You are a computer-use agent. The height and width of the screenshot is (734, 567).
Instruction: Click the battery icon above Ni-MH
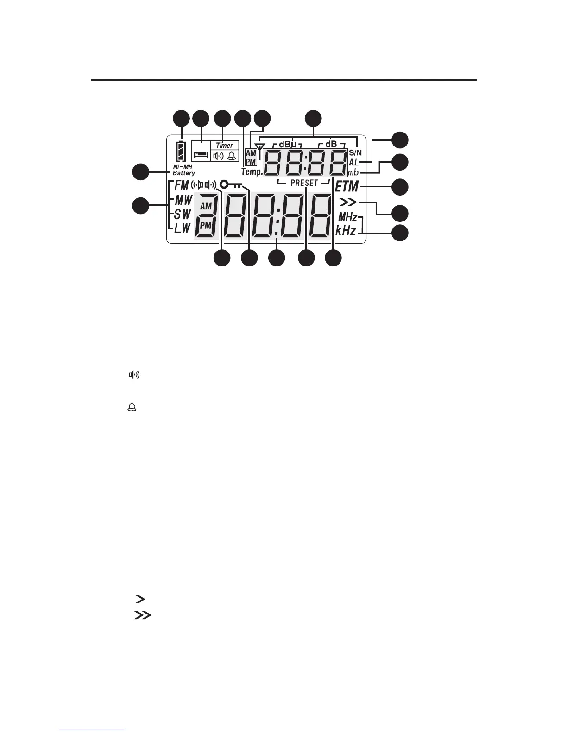[181, 151]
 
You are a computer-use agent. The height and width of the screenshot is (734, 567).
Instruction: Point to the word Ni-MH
[182, 167]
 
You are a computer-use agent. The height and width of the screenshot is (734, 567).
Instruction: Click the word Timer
[225, 146]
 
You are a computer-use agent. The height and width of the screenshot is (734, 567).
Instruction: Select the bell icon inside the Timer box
[231, 156]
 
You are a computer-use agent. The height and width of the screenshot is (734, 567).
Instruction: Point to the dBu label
[287, 144]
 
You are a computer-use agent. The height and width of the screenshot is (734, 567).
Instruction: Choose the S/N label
[355, 152]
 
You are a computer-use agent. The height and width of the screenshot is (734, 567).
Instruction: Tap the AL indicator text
[354, 162]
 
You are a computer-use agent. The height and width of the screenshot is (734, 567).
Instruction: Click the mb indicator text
[354, 173]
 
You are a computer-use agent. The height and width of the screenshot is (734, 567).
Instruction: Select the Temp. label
[251, 172]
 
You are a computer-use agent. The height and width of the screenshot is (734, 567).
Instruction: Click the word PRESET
[304, 183]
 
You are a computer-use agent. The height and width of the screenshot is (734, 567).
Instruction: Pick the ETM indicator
[347, 186]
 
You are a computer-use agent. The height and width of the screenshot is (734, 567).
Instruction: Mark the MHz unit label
[347, 217]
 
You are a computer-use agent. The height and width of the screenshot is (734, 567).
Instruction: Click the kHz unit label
[346, 230]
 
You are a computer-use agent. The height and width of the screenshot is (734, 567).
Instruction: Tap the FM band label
[182, 185]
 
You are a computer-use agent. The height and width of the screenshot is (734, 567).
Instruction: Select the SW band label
[182, 215]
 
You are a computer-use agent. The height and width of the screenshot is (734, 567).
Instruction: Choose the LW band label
[182, 228]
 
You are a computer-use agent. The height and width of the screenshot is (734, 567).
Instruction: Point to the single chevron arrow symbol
[138, 600]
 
